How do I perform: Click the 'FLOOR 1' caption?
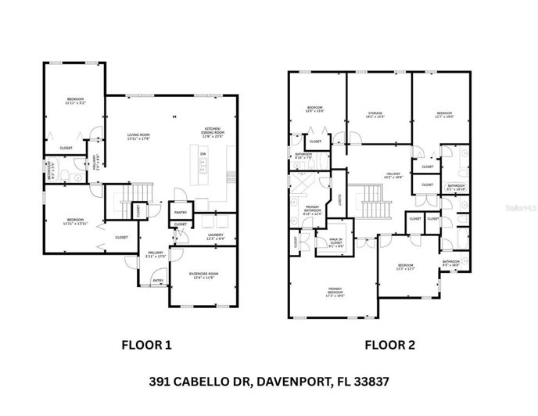point(146,343)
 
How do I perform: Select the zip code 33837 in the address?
point(369,382)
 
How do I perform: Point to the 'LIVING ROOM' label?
point(138,136)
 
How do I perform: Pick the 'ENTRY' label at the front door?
point(158,281)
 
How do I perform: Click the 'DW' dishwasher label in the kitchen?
point(203,154)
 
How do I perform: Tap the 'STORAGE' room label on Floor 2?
point(375,113)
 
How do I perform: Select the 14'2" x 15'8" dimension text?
point(375,117)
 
